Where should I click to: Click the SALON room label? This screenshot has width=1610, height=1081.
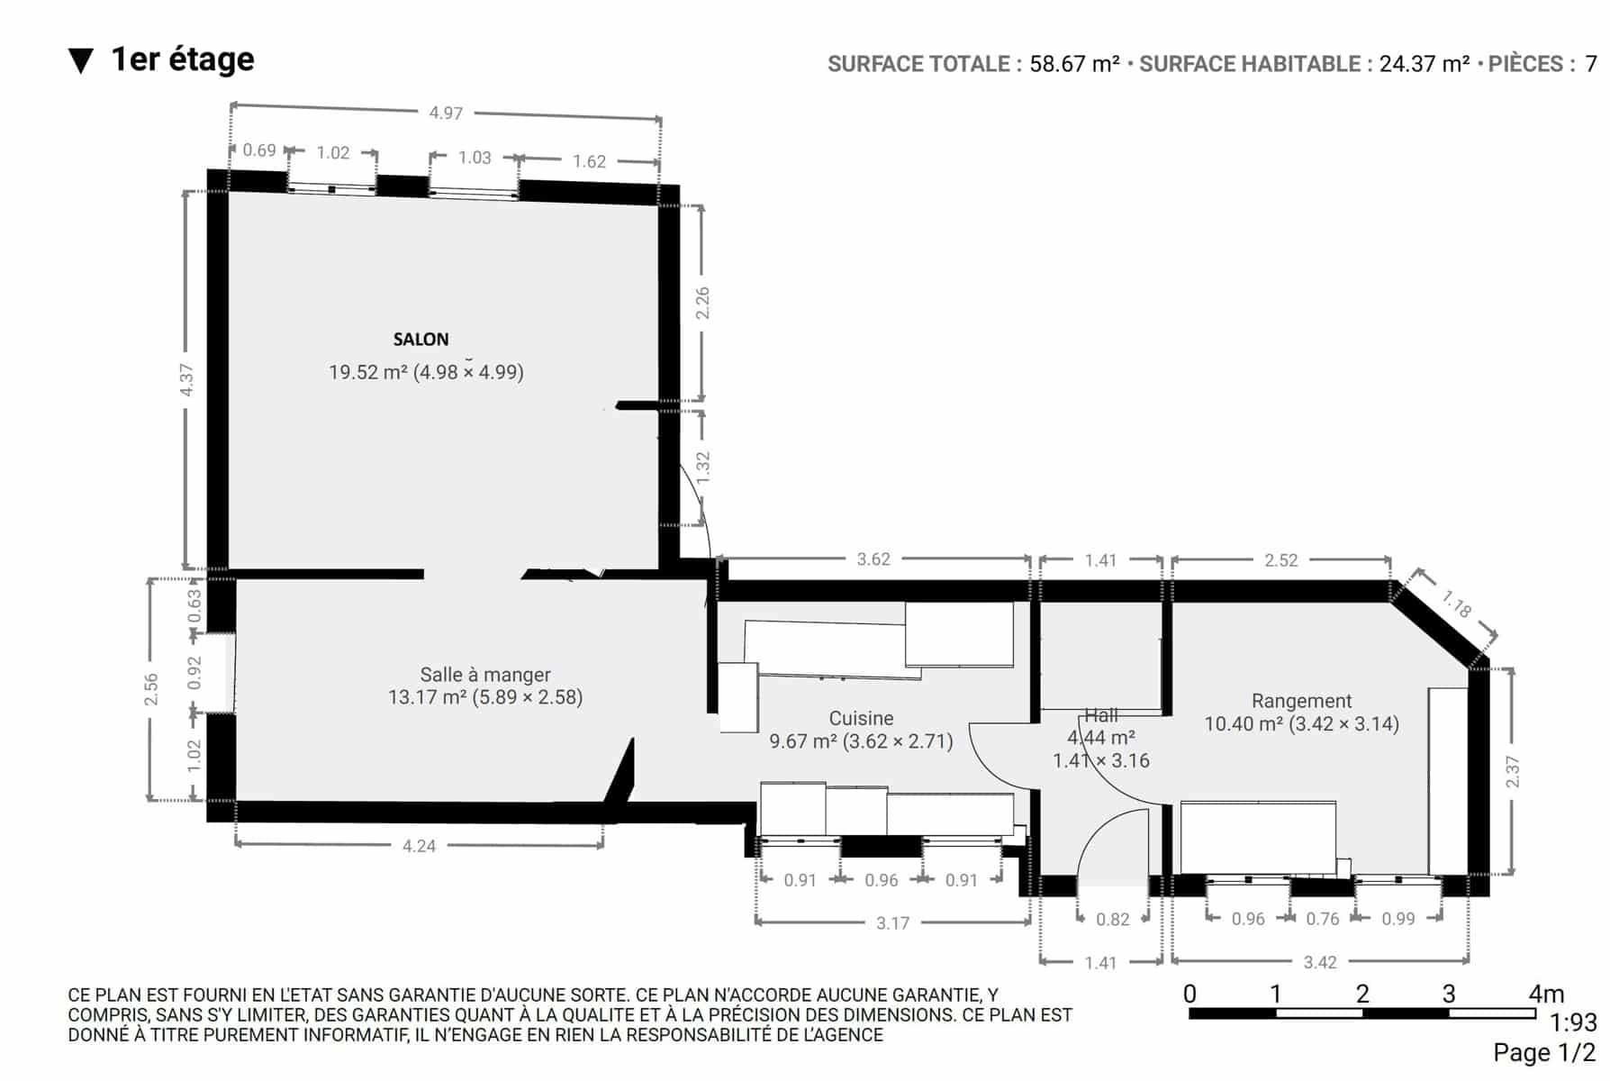pyautogui.click(x=421, y=340)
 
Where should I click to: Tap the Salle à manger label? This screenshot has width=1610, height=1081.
pyautogui.click(x=485, y=675)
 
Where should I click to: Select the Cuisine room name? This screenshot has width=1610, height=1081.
pyautogui.click(x=862, y=719)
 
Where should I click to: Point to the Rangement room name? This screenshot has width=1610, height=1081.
pyautogui.click(x=1302, y=701)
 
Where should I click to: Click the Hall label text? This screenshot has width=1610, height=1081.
pyautogui.click(x=1101, y=715)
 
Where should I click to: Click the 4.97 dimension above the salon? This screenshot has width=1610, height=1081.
pyautogui.click(x=446, y=113)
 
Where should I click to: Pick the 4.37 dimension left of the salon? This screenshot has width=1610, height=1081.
pyautogui.click(x=186, y=379)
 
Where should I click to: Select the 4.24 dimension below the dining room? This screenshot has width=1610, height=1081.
pyautogui.click(x=419, y=846)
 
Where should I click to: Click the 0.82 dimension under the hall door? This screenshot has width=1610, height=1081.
pyautogui.click(x=1113, y=919)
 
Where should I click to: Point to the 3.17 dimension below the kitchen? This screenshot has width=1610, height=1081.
pyautogui.click(x=892, y=922)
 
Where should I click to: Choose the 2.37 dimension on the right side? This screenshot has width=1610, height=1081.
pyautogui.click(x=1512, y=771)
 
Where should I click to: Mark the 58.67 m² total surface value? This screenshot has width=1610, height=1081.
pyautogui.click(x=1075, y=64)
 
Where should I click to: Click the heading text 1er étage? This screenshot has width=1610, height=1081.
pyautogui.click(x=183, y=59)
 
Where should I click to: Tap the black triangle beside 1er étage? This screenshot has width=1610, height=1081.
pyautogui.click(x=81, y=61)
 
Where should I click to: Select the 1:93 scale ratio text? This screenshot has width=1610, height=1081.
pyautogui.click(x=1573, y=1022)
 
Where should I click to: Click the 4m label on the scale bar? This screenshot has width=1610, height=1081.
pyautogui.click(x=1546, y=994)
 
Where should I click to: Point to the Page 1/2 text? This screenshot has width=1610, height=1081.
pyautogui.click(x=1545, y=1052)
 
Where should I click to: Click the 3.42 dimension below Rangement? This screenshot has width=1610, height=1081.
pyautogui.click(x=1320, y=962)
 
